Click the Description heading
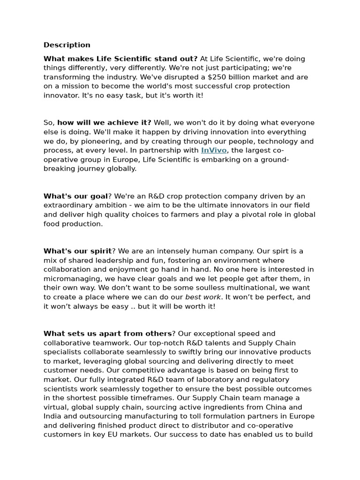point(67,45)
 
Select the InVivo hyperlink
point(214,150)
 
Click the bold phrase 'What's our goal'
point(75,196)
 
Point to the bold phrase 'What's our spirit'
point(77,251)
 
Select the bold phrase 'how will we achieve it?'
point(105,123)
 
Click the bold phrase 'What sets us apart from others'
point(107,334)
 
